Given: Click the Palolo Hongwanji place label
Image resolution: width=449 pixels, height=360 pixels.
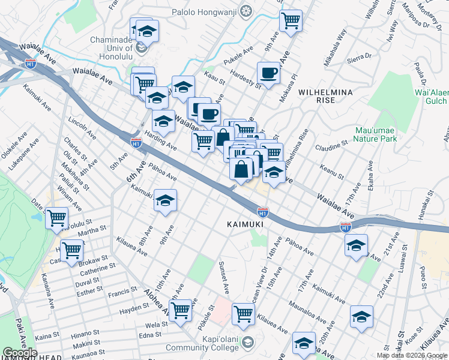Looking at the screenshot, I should [205, 11].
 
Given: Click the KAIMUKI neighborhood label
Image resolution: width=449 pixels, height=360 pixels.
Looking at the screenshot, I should [246, 224].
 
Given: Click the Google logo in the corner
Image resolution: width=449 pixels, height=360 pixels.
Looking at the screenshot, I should [19, 353].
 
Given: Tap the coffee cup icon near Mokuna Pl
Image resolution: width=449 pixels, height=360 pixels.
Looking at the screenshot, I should [268, 73].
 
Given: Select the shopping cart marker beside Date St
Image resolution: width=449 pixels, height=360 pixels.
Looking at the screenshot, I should [57, 218].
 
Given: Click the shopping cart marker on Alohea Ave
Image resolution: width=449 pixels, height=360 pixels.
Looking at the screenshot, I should [180, 310].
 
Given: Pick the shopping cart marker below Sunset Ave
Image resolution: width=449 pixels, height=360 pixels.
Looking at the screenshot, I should [243, 313].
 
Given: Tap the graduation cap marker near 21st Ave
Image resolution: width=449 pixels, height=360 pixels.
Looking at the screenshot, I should [356, 245].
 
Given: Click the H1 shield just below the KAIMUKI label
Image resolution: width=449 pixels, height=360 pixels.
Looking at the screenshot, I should [262, 212].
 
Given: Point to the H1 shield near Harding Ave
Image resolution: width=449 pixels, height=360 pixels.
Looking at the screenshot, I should [136, 142].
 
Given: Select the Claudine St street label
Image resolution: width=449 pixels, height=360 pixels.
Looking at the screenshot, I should [332, 145].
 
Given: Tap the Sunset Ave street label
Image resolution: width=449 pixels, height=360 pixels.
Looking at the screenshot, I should [224, 277].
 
